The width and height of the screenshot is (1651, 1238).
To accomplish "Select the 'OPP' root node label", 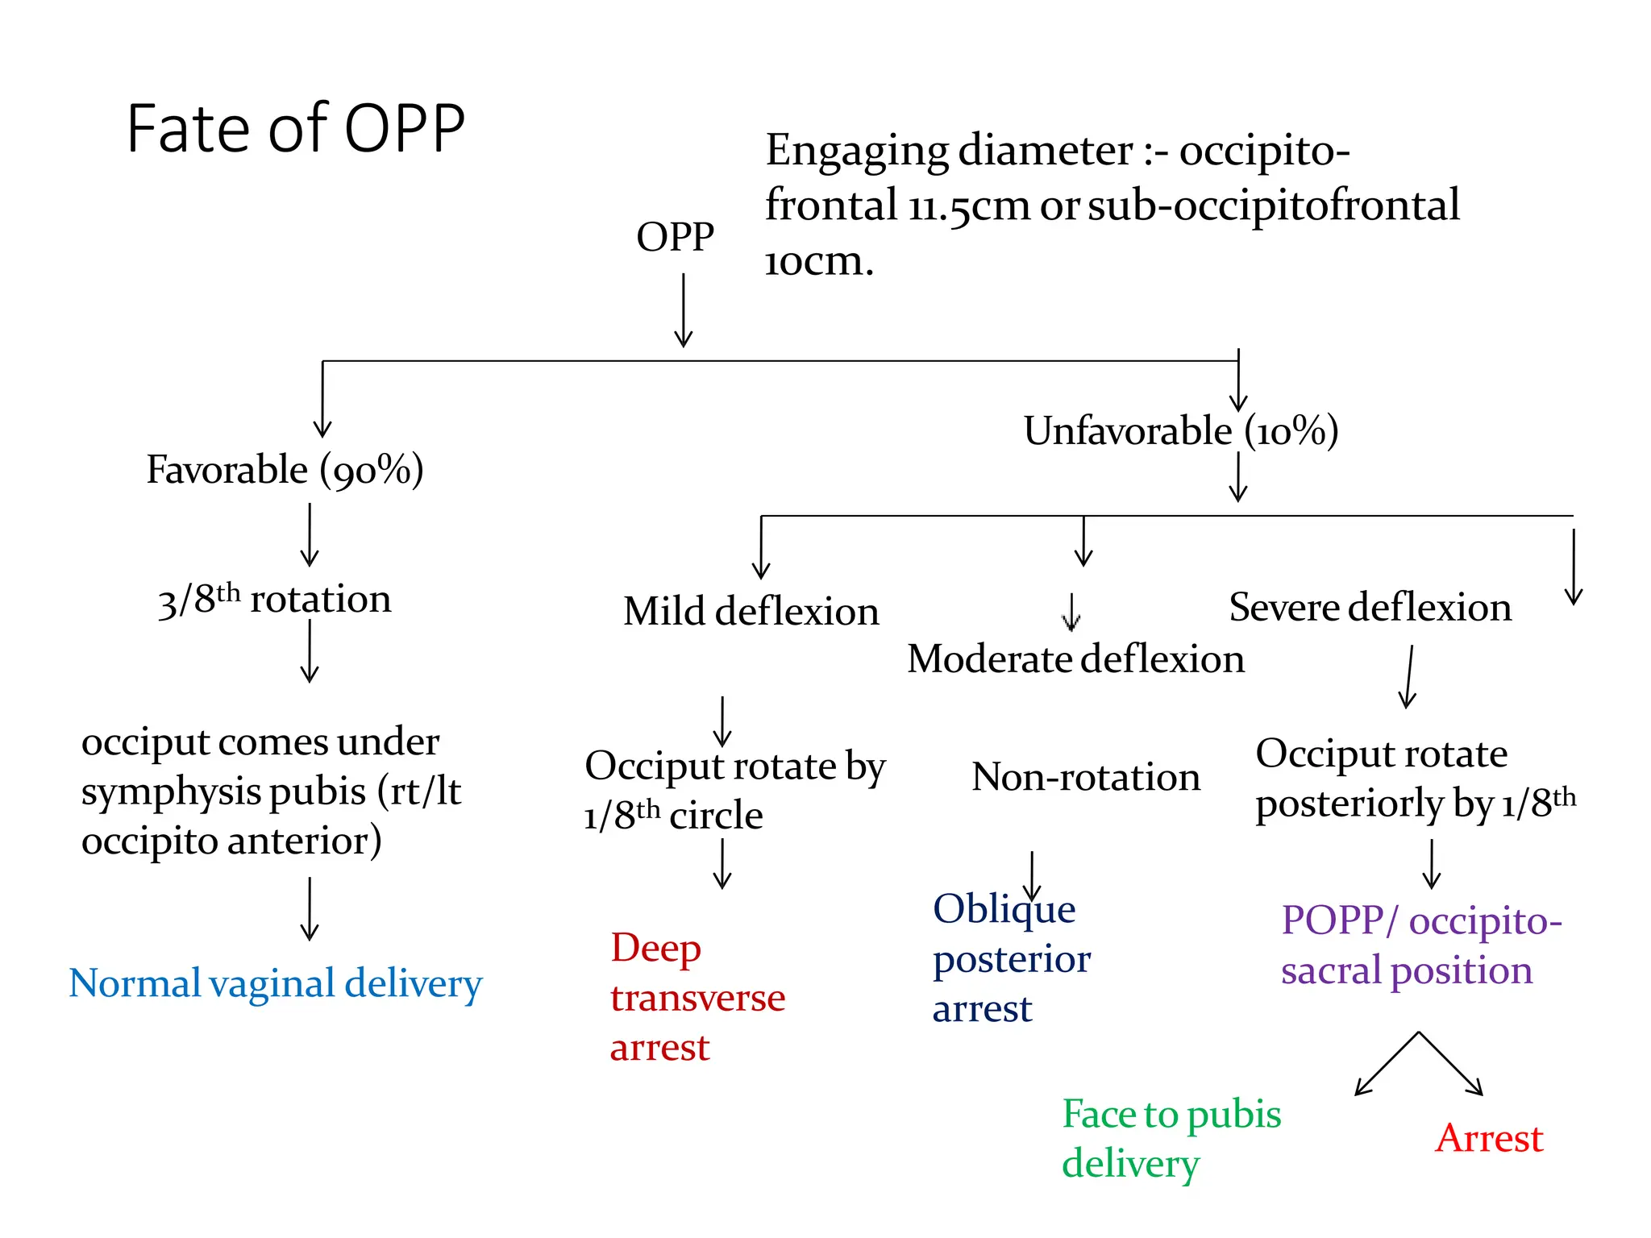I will (x=675, y=237).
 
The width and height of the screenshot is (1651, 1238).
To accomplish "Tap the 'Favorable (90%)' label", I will (x=285, y=470).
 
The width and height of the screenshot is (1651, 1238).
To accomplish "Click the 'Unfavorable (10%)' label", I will (x=1180, y=431).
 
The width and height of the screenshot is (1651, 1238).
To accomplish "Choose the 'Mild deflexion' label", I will (x=751, y=612).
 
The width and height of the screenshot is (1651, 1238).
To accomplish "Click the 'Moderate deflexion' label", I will (x=1075, y=659).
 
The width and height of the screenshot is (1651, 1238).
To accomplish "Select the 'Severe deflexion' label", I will (x=1370, y=608).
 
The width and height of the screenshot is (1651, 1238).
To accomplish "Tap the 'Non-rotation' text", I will (x=1086, y=778).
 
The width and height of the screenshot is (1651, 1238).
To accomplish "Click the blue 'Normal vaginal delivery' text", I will (x=275, y=984).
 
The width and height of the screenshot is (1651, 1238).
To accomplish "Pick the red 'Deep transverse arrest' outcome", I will (x=697, y=998).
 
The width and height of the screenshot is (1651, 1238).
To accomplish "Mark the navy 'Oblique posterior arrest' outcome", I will (x=1012, y=959).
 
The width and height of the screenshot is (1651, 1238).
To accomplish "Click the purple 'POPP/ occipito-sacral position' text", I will (x=1421, y=945).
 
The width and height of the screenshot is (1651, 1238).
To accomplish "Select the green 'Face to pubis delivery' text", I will (x=1171, y=1139).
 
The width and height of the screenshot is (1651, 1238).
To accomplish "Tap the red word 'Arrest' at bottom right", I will (x=1489, y=1139).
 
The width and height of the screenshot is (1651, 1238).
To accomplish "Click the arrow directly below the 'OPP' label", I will (x=684, y=310).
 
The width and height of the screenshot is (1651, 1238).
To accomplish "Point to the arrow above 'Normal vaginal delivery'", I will (x=310, y=908).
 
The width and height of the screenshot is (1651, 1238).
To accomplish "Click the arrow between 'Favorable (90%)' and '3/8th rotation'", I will (x=310, y=535).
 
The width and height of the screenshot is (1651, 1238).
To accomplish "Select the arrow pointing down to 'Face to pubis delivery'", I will (x=1387, y=1064).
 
